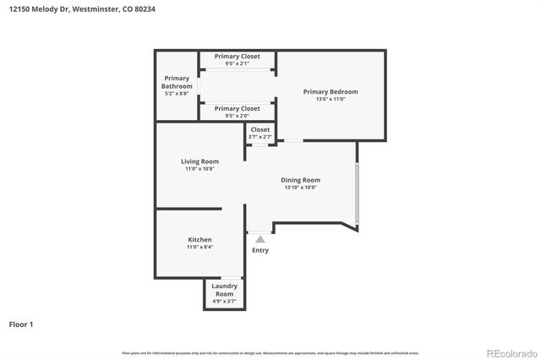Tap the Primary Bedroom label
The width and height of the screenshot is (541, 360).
point(331,91)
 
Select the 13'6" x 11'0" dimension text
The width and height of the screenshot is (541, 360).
point(331,100)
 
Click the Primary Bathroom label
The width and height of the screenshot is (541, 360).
point(178,82)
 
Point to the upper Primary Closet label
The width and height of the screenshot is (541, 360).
point(237,56)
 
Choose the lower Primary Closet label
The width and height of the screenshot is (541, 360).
point(237,108)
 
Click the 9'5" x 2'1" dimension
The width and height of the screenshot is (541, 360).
point(237,63)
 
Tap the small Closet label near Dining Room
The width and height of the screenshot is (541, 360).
point(260,129)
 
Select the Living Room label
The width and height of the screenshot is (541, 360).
point(199,161)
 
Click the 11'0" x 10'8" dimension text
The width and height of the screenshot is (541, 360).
point(199,169)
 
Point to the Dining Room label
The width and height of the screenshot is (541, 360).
point(300,179)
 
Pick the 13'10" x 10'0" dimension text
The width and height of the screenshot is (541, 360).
point(300,187)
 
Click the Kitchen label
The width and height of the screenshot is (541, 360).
point(199,239)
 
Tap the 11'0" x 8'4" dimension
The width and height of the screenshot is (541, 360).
point(199,248)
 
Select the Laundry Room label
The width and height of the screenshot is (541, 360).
point(224,289)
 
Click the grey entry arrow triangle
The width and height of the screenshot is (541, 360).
point(260,240)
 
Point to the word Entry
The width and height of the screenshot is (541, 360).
point(260,250)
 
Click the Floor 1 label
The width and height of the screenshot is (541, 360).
point(21,324)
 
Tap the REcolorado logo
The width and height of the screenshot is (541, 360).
point(510,352)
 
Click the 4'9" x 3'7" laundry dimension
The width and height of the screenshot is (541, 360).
point(224,301)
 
